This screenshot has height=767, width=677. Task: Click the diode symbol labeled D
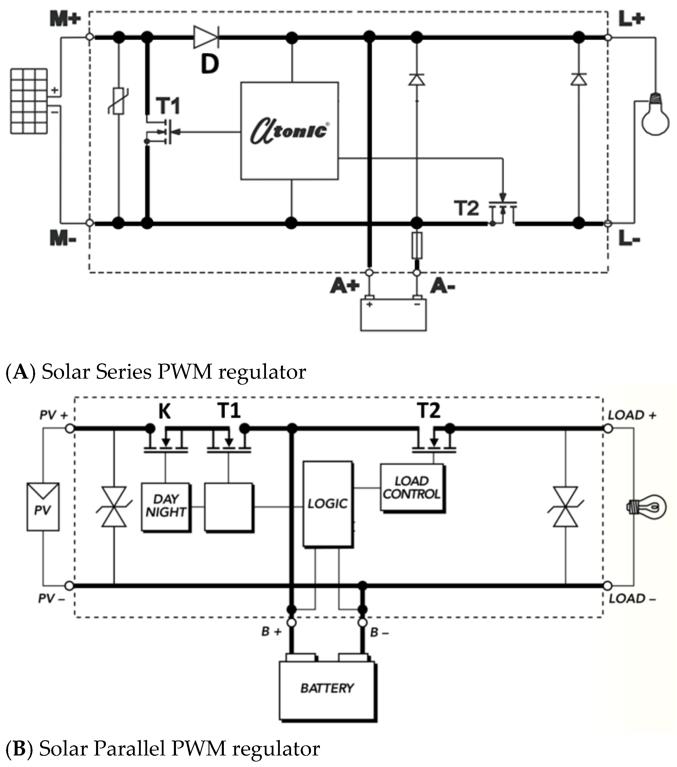pos(206,37)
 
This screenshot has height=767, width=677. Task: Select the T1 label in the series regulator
pos(168,106)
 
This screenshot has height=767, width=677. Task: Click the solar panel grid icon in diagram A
pos(29,101)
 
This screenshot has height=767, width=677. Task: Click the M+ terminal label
pos(65,19)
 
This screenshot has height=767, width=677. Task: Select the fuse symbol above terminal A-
pos(417,245)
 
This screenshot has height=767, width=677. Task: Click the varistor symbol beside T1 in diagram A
pos(119,101)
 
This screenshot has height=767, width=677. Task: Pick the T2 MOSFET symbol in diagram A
pos(503,212)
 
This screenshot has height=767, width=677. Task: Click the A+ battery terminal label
pos(345,286)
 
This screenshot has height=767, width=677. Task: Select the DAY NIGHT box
pos(166,506)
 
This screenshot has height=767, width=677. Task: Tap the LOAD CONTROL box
pos(412,488)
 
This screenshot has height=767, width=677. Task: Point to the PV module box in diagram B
pos(42,507)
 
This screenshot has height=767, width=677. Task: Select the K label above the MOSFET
pos(164,411)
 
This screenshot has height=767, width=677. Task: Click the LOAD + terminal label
pos(631,416)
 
